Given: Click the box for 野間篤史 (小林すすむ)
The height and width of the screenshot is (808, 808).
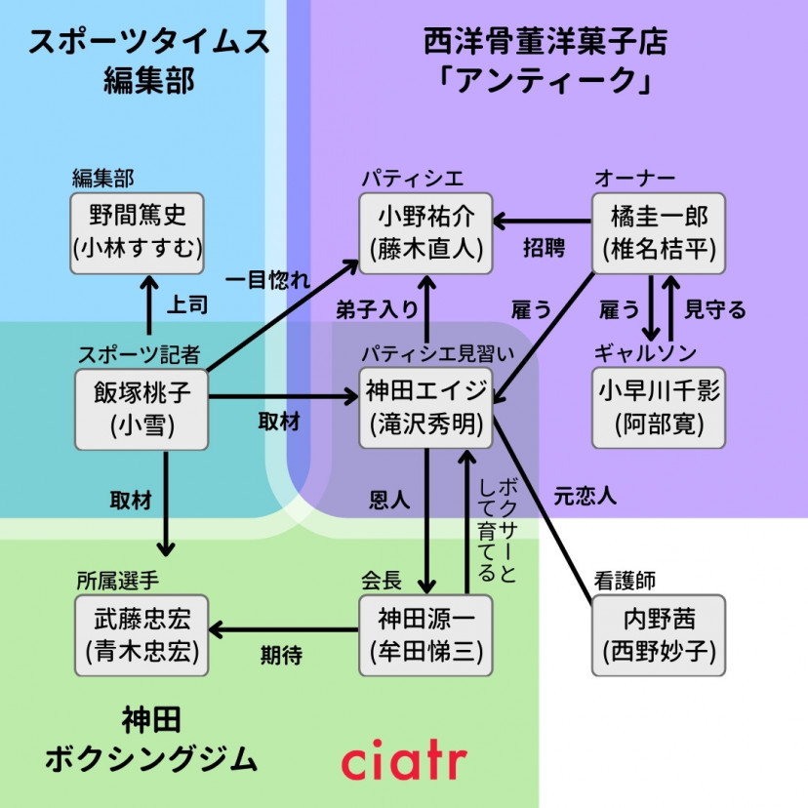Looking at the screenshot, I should (x=137, y=231).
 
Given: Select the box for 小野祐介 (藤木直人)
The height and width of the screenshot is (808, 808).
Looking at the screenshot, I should (x=425, y=231).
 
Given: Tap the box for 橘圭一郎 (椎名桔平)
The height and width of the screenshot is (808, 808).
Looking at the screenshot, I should (x=660, y=231).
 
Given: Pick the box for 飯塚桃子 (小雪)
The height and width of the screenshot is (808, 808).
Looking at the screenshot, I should (x=141, y=408).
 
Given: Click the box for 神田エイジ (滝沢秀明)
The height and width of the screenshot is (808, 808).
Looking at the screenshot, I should (x=425, y=408).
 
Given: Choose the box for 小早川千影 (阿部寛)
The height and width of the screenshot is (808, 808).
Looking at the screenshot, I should (x=660, y=408).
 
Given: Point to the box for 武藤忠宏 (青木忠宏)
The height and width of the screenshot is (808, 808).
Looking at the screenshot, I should (x=141, y=634).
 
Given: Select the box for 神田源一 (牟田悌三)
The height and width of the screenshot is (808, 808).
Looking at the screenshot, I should (x=425, y=634).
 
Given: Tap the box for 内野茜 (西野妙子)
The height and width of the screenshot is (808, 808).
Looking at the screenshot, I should (x=660, y=634).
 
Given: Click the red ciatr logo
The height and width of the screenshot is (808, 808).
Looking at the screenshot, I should (x=404, y=760).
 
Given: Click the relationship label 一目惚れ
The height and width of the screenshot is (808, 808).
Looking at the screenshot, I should (x=265, y=279).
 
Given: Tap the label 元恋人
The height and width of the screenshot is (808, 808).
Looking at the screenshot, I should (x=585, y=495).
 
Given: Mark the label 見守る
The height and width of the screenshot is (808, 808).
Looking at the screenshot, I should (x=715, y=309).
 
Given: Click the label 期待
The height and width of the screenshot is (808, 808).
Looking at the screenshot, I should (x=280, y=655).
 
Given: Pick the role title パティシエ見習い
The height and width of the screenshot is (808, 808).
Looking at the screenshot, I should (x=426, y=354).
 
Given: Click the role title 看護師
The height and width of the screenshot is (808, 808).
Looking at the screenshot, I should (x=624, y=581).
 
